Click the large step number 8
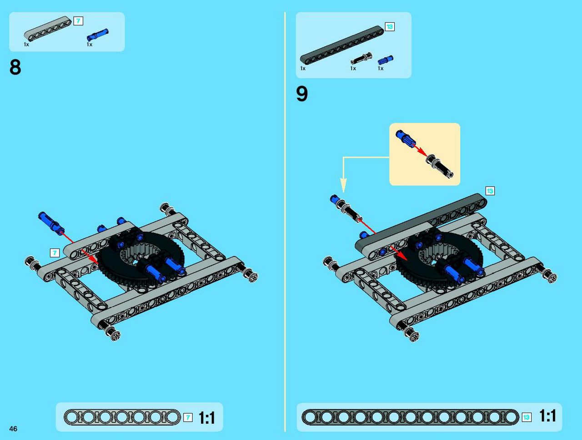coord(15,67)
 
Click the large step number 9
coord(302,94)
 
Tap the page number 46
coord(13,429)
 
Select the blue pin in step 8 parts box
coord(98,35)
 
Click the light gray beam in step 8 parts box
coord(48,29)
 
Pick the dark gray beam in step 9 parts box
coord(342,45)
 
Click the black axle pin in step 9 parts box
coord(361,58)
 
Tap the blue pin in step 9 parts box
coord(385,60)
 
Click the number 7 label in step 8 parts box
coord(78,21)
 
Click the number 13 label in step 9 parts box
coord(390,27)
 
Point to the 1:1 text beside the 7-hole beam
coord(207,418)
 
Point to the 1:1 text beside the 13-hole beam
coord(547,415)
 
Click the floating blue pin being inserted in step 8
coord(51,223)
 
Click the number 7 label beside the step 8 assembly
coord(55,253)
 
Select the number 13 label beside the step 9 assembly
coord(490,191)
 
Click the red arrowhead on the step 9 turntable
coord(401,255)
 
